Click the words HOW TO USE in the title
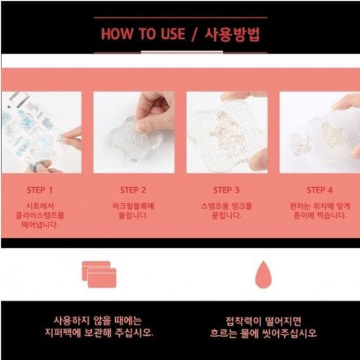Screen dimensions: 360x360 click(x=143, y=34)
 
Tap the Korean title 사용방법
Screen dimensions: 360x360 click(x=232, y=35)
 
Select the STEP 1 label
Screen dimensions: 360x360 click(x=39, y=190)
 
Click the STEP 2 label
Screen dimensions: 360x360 click(x=133, y=190)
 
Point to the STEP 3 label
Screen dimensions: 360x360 click(x=226, y=190)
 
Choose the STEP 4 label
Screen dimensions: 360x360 click(x=319, y=190)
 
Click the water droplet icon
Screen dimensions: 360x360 click(x=263, y=274)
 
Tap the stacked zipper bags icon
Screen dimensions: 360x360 click(x=99, y=274)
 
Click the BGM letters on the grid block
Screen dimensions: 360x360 click(x=237, y=152)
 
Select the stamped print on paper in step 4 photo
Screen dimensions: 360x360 click(x=299, y=145)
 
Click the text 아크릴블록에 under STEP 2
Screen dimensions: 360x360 click(x=133, y=206)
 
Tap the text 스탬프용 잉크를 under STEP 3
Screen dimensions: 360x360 click(x=226, y=206)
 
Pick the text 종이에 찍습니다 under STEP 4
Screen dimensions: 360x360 click(x=319, y=215)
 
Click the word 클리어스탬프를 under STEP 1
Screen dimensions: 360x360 click(x=39, y=215)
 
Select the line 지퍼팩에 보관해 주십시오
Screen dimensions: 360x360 click(x=99, y=333)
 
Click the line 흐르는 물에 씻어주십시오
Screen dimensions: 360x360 click(x=263, y=333)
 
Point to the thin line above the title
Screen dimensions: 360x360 click(x=181, y=18)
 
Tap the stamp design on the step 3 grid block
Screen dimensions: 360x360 click(x=226, y=131)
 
